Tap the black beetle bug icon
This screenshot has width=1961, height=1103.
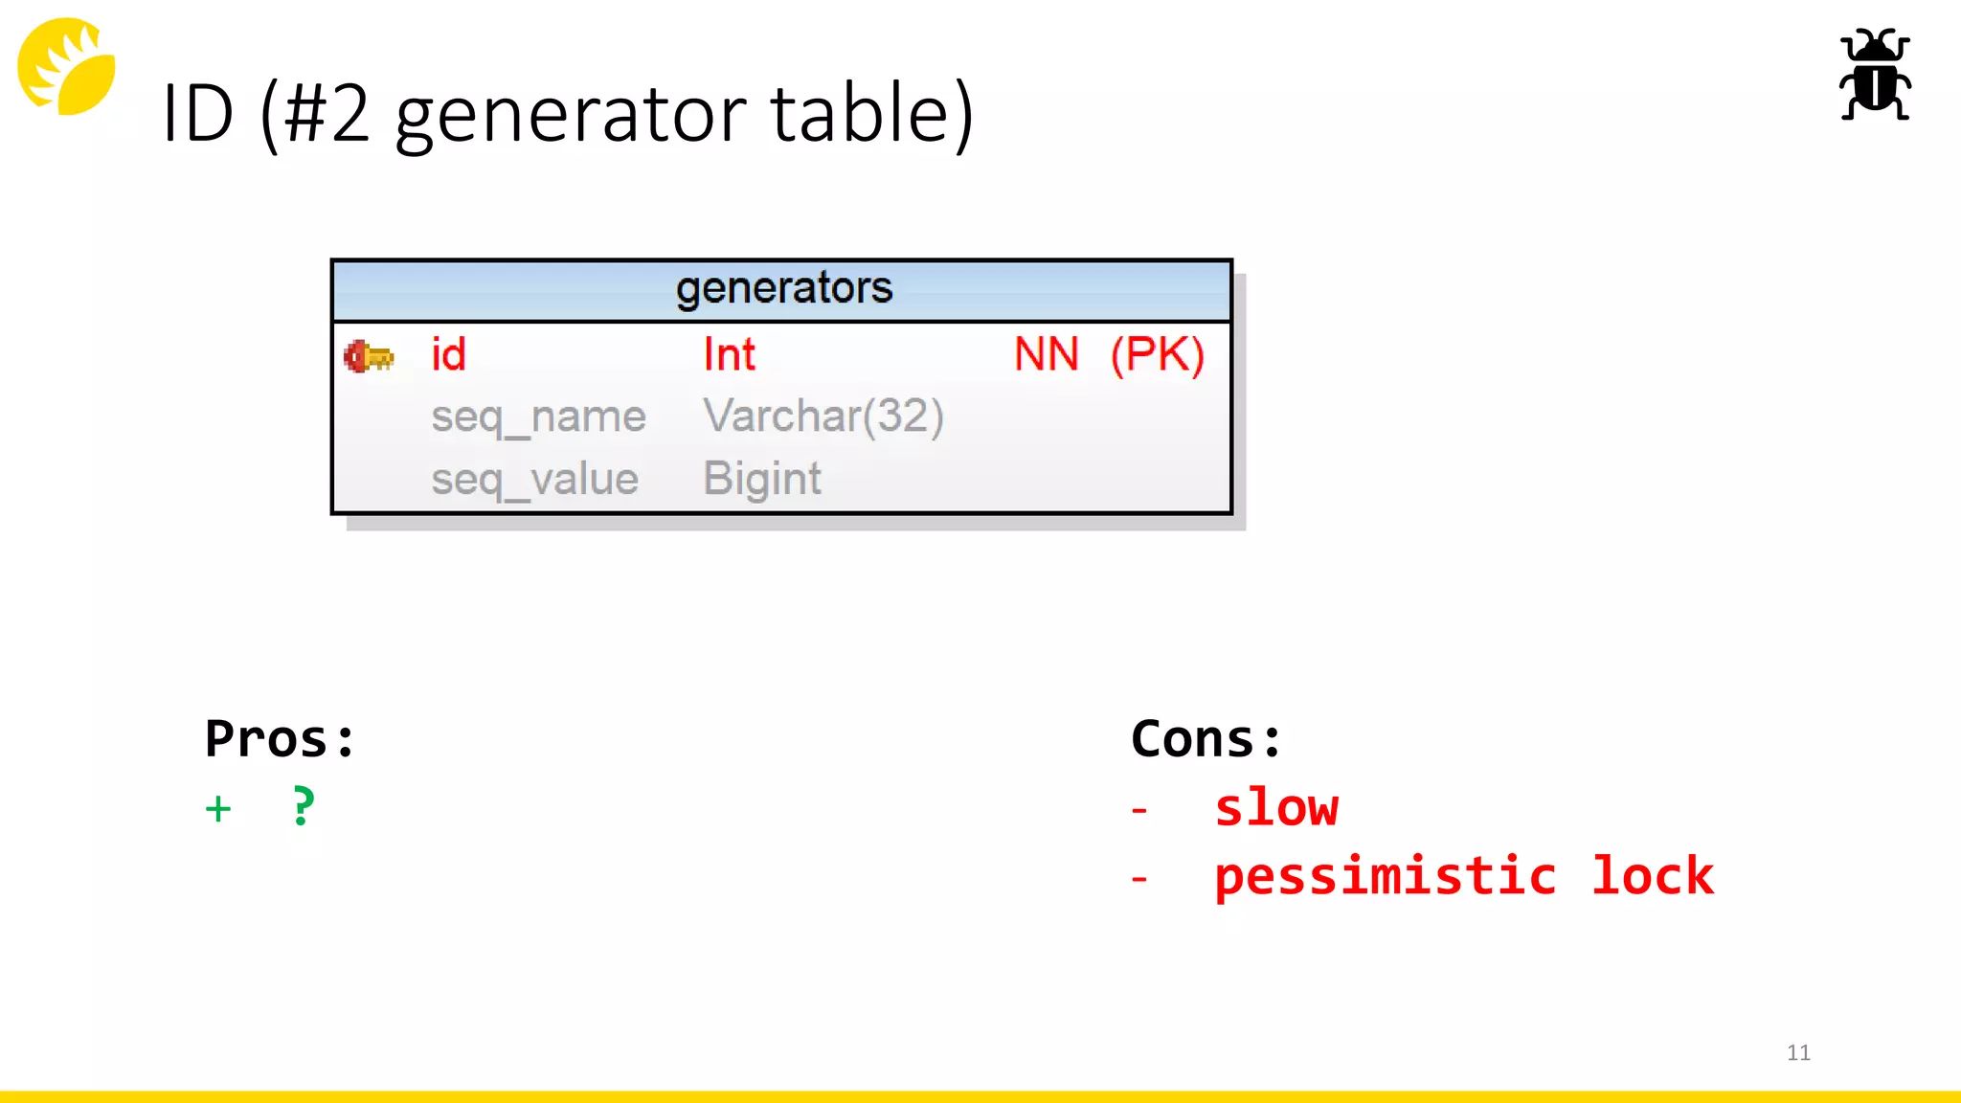[1874, 75]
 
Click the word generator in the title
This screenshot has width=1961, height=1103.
[571, 116]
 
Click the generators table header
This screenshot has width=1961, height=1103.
[782, 288]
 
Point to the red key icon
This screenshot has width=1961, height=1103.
[369, 356]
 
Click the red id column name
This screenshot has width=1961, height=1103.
[448, 354]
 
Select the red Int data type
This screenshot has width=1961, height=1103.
[729, 354]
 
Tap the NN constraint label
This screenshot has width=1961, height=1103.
[1046, 354]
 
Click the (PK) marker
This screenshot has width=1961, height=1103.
[1157, 354]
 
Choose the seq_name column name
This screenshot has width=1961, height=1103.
[538, 417]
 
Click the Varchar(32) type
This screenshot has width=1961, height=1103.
[823, 416]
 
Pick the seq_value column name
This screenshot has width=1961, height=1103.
[534, 479]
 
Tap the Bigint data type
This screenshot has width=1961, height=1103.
[761, 479]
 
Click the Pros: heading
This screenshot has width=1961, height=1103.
[280, 739]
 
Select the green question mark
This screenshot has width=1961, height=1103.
[303, 806]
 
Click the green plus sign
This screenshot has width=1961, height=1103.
[218, 809]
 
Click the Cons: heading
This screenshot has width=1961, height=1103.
[1206, 739]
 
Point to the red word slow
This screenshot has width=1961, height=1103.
[1275, 808]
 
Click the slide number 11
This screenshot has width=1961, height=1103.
[1797, 1052]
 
